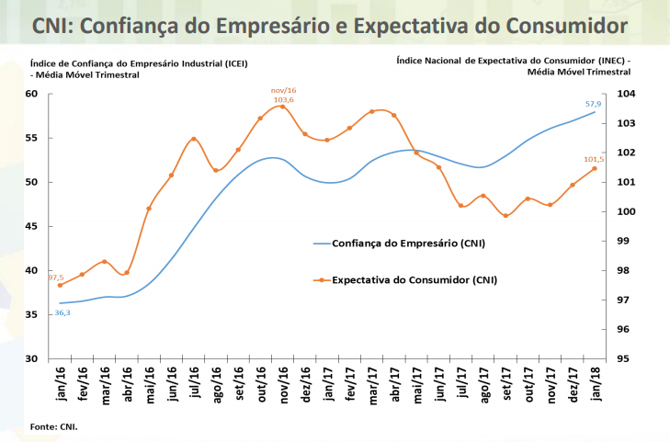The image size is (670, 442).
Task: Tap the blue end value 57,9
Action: coord(593,104)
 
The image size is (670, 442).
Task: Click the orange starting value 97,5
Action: coord(56,277)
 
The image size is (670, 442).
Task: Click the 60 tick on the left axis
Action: coord(31,94)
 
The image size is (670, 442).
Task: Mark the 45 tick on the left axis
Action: coord(31,226)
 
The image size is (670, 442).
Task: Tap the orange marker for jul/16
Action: coord(194,139)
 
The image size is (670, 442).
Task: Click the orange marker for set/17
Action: coord(505,216)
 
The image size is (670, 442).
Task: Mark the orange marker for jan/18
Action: coord(595,168)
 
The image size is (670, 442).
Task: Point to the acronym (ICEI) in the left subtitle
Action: coord(234,63)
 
